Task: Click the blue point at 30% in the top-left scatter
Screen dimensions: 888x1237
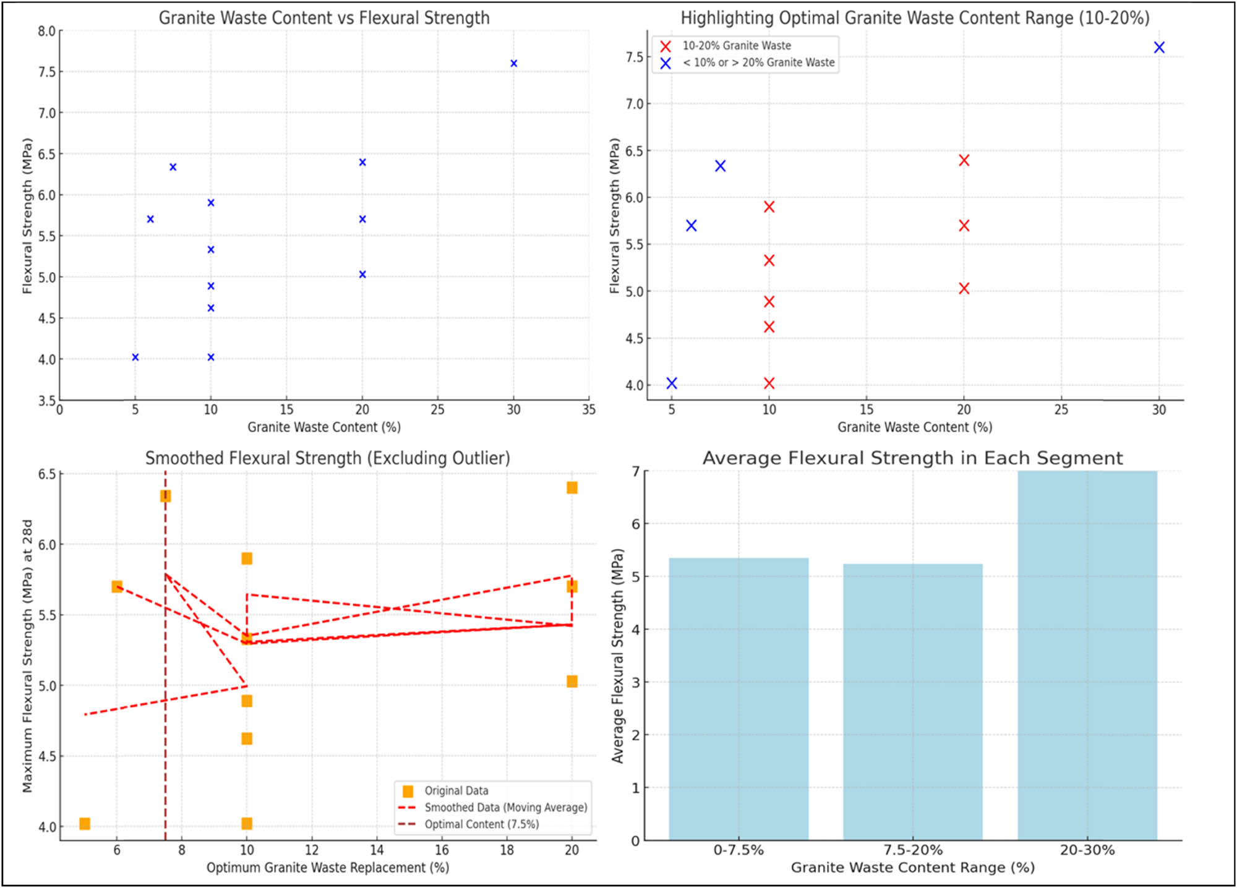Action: [513, 63]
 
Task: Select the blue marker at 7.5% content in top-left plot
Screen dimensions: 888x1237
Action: [173, 167]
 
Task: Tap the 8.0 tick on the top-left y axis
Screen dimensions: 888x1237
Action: [47, 31]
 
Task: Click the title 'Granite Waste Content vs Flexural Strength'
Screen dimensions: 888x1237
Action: [324, 18]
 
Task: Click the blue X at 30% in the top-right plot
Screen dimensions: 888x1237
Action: [1159, 48]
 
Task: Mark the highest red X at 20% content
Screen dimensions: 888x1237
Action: [964, 160]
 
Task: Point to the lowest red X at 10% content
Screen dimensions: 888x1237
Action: [769, 383]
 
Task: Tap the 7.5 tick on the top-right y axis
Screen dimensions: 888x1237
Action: [635, 58]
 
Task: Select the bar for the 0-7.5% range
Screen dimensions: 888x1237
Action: [738, 699]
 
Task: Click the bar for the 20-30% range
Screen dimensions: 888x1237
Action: [1087, 655]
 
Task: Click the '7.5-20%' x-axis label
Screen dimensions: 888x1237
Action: [913, 850]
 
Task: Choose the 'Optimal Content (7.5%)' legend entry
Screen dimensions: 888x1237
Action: [481, 824]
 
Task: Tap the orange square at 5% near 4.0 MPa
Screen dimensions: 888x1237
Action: [85, 824]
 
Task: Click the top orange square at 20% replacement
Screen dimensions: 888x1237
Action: [572, 488]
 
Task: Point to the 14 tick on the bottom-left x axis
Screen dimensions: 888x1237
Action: [377, 850]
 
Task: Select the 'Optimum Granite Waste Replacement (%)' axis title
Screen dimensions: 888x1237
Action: [328, 868]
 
